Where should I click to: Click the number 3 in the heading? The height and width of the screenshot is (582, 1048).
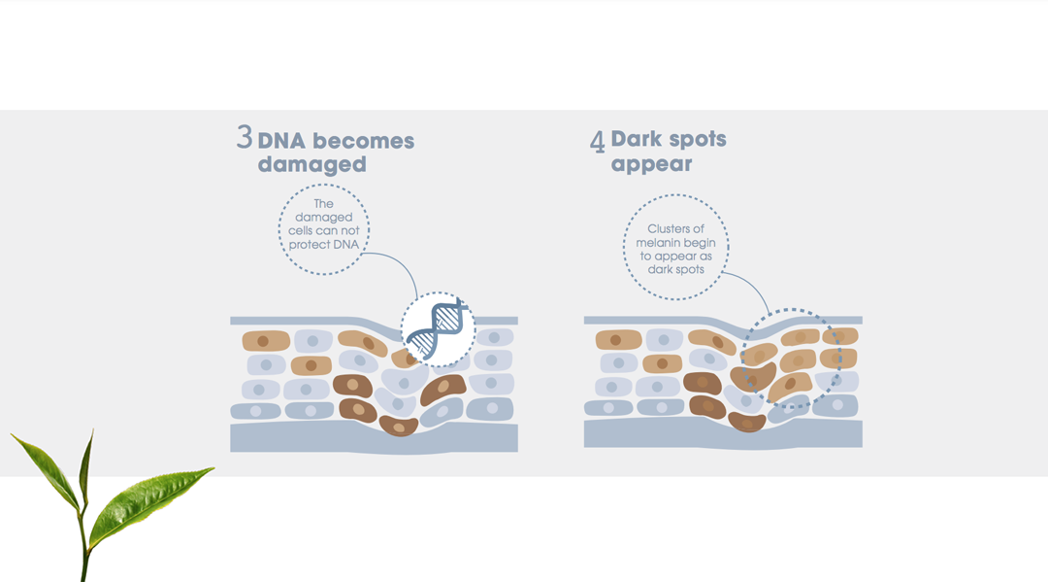(x=245, y=137)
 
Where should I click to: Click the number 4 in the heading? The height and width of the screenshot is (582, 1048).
(x=598, y=141)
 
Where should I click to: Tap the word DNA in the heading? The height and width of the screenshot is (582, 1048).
(x=281, y=141)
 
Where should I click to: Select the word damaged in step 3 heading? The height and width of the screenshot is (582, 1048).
(x=311, y=164)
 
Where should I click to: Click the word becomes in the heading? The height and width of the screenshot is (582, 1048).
(x=364, y=141)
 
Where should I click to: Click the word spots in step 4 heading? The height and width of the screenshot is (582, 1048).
(x=698, y=139)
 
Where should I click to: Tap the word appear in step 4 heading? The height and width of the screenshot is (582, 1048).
(x=651, y=164)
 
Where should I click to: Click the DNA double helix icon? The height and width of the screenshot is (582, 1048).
(x=437, y=328)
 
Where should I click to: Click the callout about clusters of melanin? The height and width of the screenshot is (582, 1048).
(x=675, y=247)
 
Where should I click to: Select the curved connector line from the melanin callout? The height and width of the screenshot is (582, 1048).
(x=751, y=287)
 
